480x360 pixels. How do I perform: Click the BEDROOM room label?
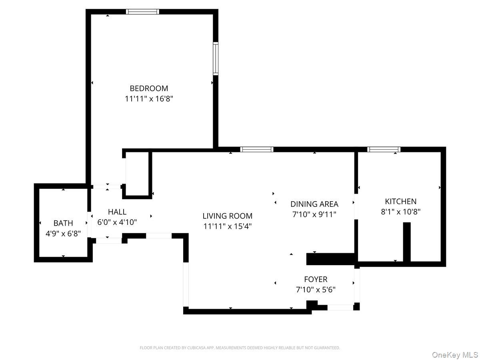149,88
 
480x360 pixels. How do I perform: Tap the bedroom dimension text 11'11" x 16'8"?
149,99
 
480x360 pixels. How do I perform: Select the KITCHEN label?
401,201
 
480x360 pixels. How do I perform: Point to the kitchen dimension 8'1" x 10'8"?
401,212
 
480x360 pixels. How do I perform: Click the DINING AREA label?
314,204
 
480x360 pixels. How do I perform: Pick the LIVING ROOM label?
228,216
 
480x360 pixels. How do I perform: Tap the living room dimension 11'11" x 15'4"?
228,226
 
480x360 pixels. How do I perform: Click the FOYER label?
316,279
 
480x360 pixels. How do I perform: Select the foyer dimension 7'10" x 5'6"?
316,290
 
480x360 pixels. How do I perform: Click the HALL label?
117,212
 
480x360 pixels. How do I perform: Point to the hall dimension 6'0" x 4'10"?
117,222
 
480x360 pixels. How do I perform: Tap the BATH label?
63,223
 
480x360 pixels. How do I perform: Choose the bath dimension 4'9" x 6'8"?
63,234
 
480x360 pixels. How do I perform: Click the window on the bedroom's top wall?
142,12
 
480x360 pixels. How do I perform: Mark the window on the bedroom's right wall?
216,58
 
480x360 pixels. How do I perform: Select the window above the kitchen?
384,150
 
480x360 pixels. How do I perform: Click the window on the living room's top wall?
257,150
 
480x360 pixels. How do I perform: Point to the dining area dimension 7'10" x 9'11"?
314,214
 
